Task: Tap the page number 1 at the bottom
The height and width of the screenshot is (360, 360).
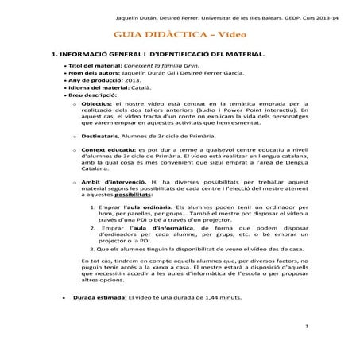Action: click(x=306, y=327)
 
